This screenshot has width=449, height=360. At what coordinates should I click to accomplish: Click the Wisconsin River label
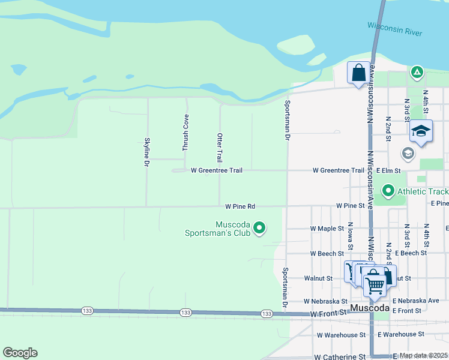394,28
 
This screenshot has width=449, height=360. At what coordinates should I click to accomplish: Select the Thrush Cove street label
186,133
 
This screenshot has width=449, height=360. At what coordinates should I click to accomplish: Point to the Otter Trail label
220,148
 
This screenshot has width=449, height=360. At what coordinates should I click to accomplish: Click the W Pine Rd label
240,206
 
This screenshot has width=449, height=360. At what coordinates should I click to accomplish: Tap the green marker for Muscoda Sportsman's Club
259,227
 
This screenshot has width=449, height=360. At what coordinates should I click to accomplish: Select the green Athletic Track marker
388,192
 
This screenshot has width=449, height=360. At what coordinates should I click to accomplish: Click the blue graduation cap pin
421,131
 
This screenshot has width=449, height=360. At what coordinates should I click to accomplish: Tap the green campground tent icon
417,73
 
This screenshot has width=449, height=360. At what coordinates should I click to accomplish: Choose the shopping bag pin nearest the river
358,73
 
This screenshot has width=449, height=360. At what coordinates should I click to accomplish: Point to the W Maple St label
327,229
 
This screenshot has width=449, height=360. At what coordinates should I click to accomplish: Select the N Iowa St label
350,236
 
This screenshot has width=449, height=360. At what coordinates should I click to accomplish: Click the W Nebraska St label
325,301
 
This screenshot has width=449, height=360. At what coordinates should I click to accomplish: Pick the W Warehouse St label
342,334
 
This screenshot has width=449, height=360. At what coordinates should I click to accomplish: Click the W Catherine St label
339,356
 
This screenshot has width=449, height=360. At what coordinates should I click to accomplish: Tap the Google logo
20,353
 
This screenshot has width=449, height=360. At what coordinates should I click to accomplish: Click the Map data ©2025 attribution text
424,355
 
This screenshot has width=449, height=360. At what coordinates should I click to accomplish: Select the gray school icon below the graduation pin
408,154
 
